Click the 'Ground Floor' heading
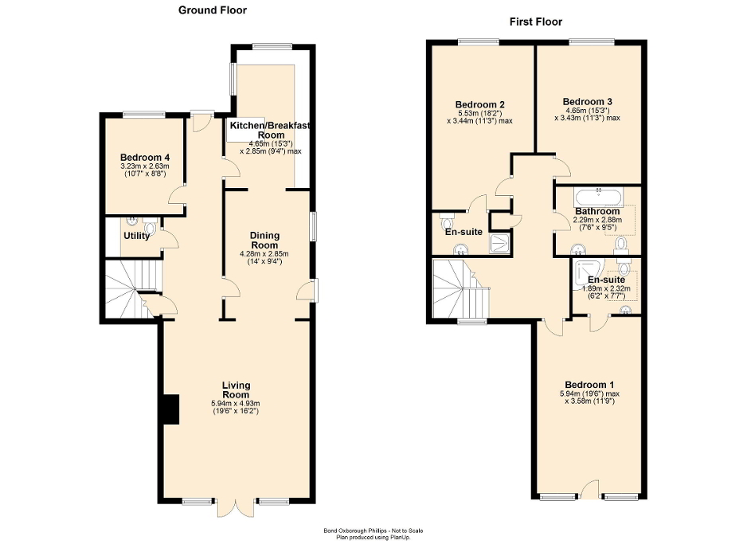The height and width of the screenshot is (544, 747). click(212, 10)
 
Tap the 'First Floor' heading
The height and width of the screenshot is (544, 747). click(536, 22)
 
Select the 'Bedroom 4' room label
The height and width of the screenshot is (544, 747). click(143, 157)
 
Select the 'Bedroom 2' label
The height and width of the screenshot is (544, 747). click(479, 104)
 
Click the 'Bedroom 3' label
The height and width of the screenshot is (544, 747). click(587, 101)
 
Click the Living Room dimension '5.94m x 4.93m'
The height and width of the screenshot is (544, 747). click(236, 404)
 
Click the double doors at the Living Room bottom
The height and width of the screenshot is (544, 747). click(236, 507)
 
